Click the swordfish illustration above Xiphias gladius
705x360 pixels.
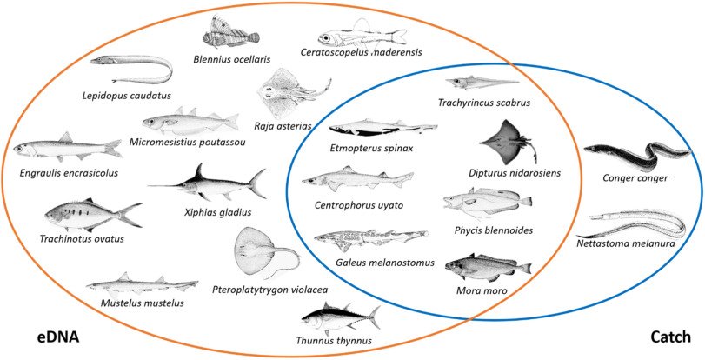click(x=209, y=183)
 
